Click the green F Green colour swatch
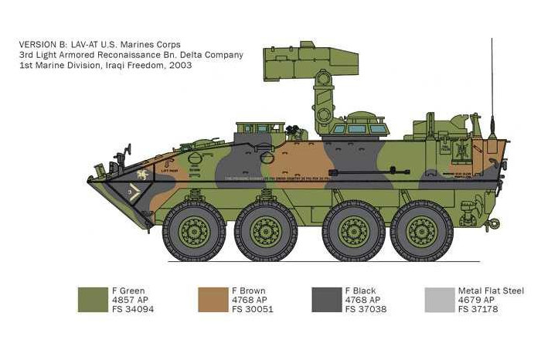[93, 300]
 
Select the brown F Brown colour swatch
[213, 300]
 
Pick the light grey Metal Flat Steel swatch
[440, 300]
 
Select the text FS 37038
[366, 309]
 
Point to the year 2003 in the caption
[180, 66]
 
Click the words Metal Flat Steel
[491, 290]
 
